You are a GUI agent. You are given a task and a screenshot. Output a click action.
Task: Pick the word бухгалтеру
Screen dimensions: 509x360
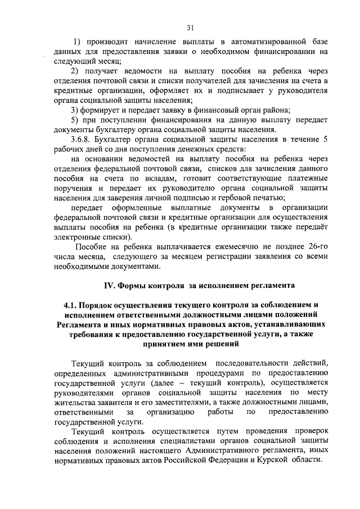click(118, 130)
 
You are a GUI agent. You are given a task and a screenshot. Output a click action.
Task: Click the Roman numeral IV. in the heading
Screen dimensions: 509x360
click(108, 286)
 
